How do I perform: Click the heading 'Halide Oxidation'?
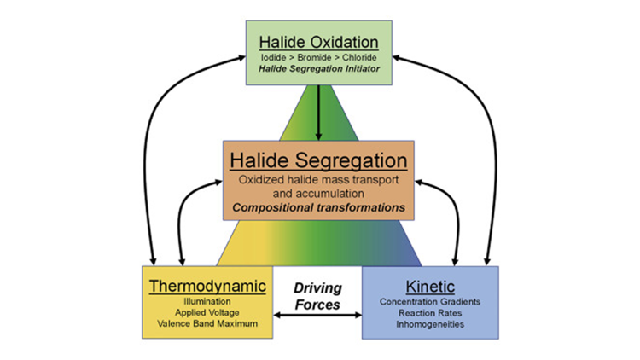pos(318,42)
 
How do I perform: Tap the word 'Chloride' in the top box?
pos(358,57)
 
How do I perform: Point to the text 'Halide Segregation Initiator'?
pos(318,69)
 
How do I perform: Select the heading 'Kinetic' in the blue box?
pos(430,285)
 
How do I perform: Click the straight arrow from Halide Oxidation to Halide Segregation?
pos(317,111)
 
